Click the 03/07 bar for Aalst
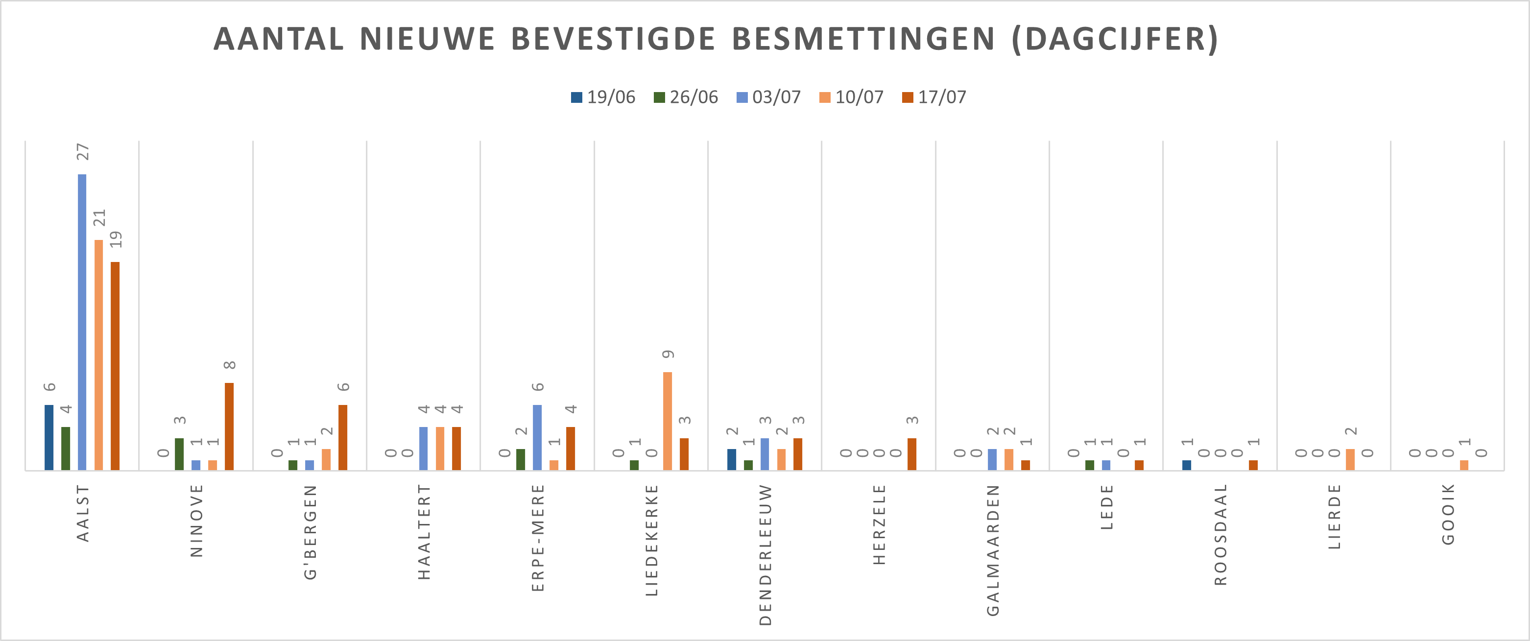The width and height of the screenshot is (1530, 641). tap(82, 322)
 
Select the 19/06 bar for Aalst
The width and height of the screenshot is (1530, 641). tap(48, 437)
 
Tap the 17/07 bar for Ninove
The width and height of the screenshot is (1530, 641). tap(229, 427)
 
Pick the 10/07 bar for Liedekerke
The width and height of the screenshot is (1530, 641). tap(668, 421)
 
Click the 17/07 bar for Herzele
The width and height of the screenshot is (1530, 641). tap(912, 454)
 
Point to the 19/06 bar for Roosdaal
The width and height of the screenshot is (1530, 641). tap(1187, 465)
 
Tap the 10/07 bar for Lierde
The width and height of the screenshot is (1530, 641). tap(1350, 459)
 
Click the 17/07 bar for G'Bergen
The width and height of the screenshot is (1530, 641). tap(343, 437)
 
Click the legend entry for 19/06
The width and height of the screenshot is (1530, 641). tap(603, 97)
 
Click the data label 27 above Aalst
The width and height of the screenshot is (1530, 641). tap(83, 152)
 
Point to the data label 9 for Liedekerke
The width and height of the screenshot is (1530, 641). tap(668, 354)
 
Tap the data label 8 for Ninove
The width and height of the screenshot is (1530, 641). tap(230, 365)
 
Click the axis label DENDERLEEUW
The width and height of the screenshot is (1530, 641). tap(765, 555)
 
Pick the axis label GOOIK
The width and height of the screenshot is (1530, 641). tap(1448, 515)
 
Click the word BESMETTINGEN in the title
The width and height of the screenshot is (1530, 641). tap(863, 39)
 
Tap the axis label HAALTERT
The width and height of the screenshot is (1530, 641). tap(424, 532)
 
